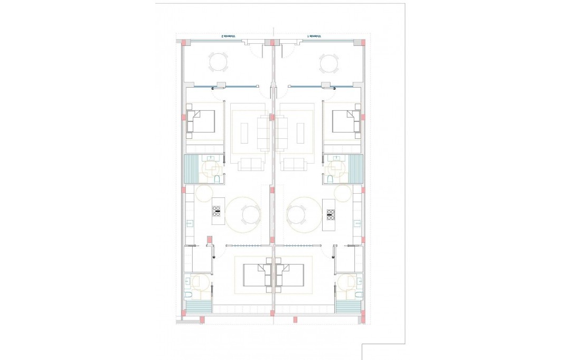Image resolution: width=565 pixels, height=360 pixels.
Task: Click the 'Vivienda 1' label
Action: click(x=315, y=36)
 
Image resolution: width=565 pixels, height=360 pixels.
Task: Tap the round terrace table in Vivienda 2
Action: click(x=219, y=62)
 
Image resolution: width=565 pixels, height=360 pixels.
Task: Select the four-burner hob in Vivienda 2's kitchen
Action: click(x=216, y=211)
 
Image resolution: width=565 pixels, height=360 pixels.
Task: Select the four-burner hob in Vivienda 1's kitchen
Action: click(x=331, y=214)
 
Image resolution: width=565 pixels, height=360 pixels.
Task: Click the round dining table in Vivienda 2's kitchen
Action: click(x=250, y=215)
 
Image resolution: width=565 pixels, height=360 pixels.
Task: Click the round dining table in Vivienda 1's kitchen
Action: click(x=296, y=215)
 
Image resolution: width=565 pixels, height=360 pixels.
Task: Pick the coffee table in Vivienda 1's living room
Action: click(x=300, y=132)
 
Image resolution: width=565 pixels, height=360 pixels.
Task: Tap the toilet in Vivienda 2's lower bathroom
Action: click(x=189, y=294)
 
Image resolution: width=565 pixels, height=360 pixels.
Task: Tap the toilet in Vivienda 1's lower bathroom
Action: click(x=359, y=294)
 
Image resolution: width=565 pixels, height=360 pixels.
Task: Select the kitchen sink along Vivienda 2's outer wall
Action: click(x=189, y=223)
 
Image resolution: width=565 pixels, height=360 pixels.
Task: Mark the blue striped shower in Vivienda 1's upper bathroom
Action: click(x=356, y=168)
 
